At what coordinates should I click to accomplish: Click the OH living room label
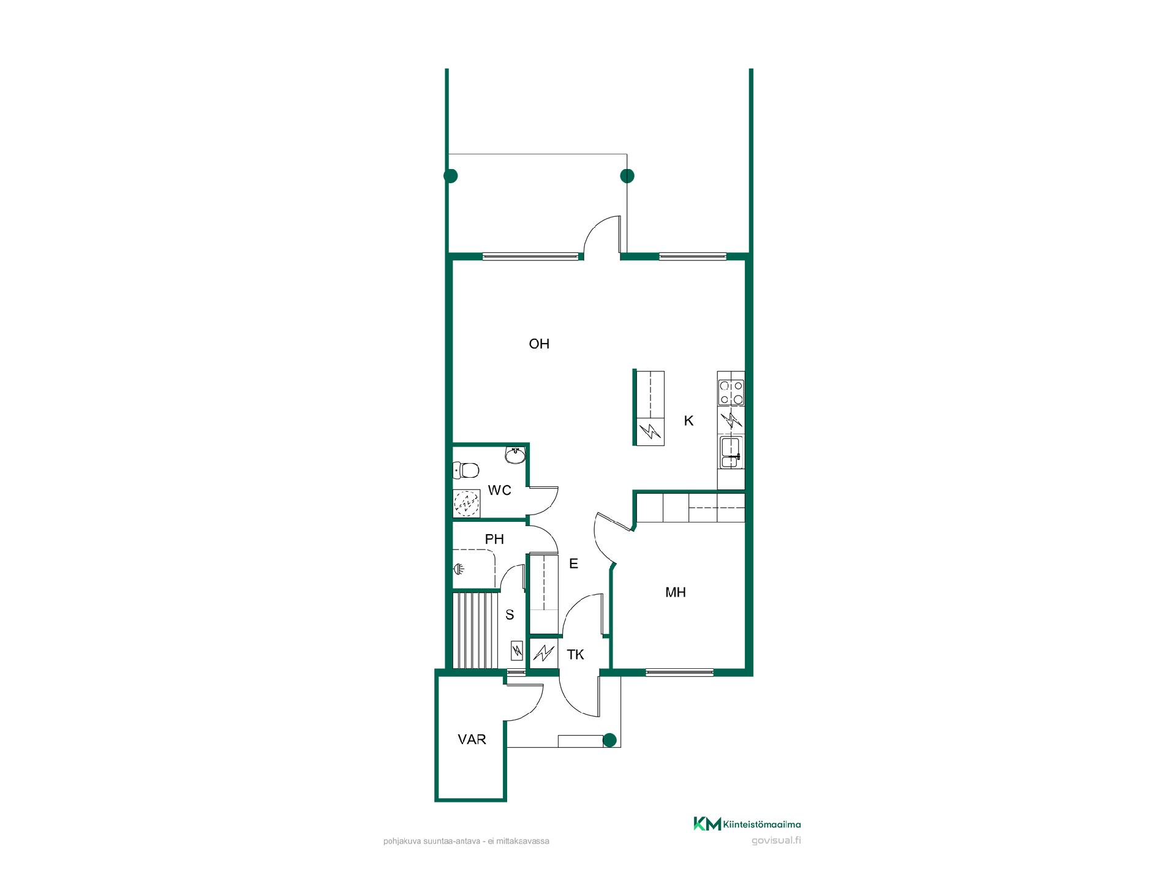(539, 344)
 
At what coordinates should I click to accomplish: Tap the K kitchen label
(689, 421)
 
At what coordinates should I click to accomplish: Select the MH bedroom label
(676, 592)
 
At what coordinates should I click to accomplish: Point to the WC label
(499, 491)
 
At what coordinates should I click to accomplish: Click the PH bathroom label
(494, 540)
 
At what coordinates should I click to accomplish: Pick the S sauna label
(510, 615)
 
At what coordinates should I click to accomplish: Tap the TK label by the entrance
(575, 655)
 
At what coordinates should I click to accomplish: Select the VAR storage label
(472, 739)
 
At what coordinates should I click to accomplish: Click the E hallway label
(573, 563)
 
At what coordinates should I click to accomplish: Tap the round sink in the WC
(515, 455)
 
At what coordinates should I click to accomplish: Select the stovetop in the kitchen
(731, 393)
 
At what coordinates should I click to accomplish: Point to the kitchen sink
(731, 454)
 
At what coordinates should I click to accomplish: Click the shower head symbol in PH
(458, 569)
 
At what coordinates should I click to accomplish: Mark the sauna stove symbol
(516, 650)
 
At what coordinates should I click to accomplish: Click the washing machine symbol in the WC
(467, 503)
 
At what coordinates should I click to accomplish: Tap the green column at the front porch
(609, 741)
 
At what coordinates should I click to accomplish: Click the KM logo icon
(707, 824)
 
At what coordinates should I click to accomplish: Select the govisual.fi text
(776, 840)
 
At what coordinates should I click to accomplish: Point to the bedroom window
(679, 673)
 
